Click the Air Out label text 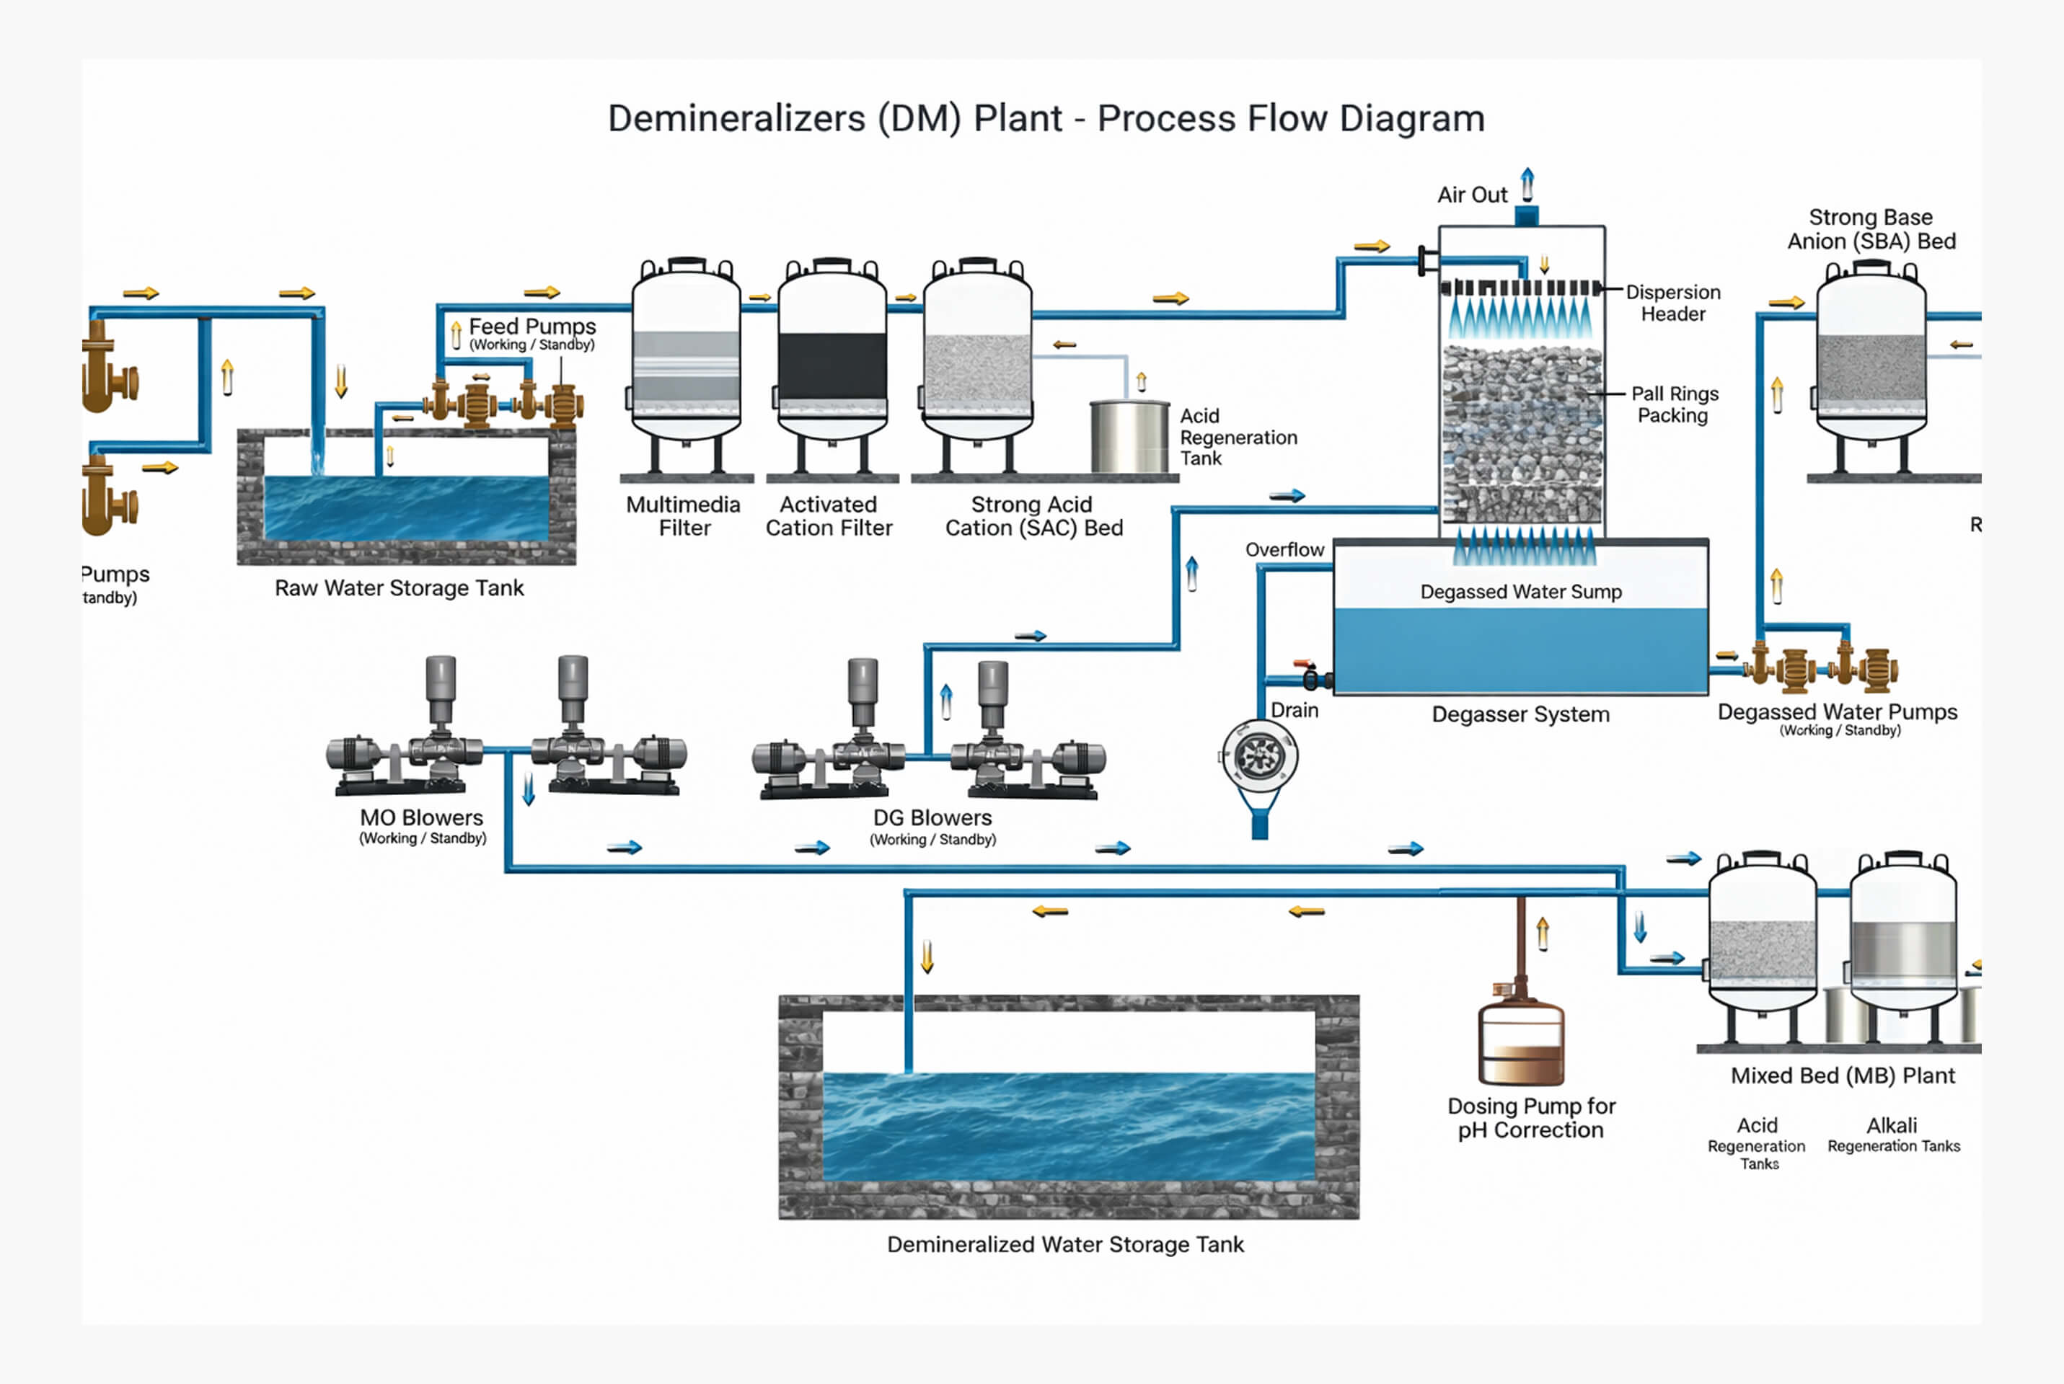[x=1472, y=195]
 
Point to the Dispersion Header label [x=1673, y=303]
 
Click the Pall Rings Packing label [x=1674, y=404]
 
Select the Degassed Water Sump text [x=1520, y=591]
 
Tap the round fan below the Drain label [x=1260, y=755]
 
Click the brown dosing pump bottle [x=1520, y=1042]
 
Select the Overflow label [x=1284, y=550]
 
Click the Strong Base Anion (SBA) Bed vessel [x=1871, y=362]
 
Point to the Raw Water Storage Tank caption [x=399, y=588]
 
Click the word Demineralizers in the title [x=736, y=118]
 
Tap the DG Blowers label [x=932, y=817]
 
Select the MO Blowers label [x=421, y=817]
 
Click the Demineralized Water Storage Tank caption [x=1064, y=1245]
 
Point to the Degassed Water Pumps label [x=1837, y=711]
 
